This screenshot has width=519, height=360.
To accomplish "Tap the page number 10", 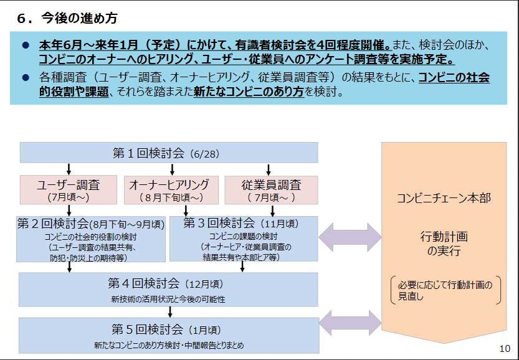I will coord(505,348).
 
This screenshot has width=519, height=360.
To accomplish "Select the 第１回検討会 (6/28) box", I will coord(168,153).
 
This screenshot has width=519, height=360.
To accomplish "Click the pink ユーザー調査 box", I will coord(69,189).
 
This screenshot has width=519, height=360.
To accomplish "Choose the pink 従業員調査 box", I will coord(270,189).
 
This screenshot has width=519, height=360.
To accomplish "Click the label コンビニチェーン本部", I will coord(444,199).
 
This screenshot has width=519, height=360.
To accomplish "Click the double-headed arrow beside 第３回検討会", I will coord(350,237).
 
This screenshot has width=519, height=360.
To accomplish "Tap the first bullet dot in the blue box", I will coord(26,46).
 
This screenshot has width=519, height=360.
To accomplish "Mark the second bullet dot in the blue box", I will coord(26,78).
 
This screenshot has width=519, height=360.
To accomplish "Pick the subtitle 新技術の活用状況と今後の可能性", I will coord(168,300).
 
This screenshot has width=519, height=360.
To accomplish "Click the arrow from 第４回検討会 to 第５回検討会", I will coord(170,312).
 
